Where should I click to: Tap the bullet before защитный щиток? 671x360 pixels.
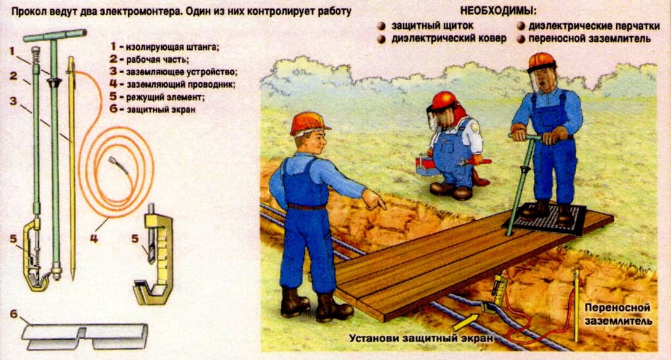click(x=381, y=26)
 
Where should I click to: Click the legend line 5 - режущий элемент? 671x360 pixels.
click(x=157, y=97)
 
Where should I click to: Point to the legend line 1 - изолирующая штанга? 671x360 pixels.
click(x=164, y=47)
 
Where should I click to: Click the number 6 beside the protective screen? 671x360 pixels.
click(x=14, y=314)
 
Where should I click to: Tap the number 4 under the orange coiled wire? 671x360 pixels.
click(x=94, y=238)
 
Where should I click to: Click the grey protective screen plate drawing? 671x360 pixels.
click(x=85, y=336)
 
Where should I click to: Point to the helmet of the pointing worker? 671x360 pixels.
click(x=308, y=123)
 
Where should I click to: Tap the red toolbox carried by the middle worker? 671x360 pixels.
click(x=427, y=166)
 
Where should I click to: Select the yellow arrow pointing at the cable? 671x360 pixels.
click(x=467, y=321)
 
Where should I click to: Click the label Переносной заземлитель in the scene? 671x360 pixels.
click(x=617, y=314)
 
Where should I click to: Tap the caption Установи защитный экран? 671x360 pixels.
click(x=421, y=338)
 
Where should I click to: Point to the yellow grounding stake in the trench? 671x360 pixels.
click(x=576, y=306)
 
